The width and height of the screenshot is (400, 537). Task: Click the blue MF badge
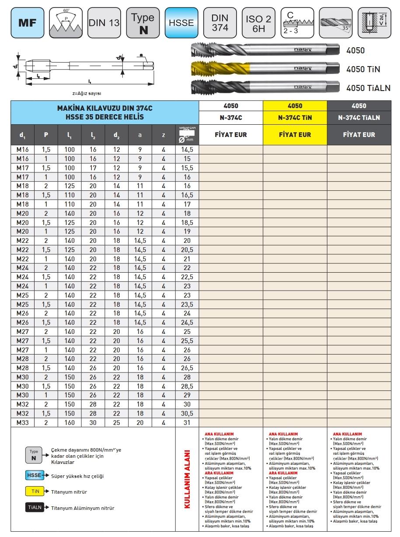click(27, 22)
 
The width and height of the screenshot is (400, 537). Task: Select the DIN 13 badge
click(104, 22)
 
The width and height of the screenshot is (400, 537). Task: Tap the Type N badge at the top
click(143, 22)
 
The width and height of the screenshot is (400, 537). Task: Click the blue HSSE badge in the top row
click(181, 22)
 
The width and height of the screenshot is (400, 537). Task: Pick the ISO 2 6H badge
click(258, 22)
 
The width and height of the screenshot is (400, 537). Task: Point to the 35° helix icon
click(335, 22)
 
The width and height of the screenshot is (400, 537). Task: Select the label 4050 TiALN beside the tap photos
click(368, 88)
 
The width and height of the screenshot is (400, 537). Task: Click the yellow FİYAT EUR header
click(295, 135)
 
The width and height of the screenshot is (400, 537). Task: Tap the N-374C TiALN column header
click(358, 118)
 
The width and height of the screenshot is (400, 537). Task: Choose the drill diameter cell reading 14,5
click(188, 149)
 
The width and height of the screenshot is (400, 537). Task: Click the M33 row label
click(22, 422)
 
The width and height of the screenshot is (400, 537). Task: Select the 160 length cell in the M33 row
click(70, 422)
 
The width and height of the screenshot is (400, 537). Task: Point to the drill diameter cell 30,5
click(188, 414)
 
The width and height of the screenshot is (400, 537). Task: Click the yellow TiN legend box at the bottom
click(35, 491)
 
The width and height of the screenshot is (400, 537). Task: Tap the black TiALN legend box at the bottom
click(35, 508)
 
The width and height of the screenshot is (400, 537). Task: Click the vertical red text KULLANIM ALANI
click(188, 479)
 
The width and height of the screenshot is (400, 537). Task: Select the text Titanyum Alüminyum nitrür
click(83, 508)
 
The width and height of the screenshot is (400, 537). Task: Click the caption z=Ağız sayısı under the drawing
click(90, 93)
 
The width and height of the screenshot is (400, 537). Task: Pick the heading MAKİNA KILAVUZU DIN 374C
click(105, 108)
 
